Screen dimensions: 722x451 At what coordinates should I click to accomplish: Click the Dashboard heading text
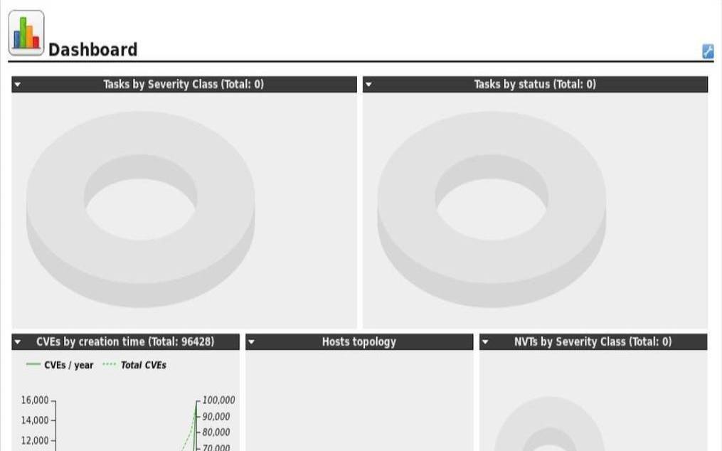pos(92,50)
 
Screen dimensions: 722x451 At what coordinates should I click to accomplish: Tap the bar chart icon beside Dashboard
pos(26,33)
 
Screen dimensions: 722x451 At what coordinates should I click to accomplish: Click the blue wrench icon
pos(708,51)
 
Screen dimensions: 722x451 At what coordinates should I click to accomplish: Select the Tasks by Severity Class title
pos(184,85)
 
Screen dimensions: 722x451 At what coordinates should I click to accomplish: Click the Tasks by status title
pos(535,85)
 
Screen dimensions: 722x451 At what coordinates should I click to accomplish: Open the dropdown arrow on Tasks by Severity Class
pos(18,85)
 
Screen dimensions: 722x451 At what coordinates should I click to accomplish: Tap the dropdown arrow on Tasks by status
pos(368,85)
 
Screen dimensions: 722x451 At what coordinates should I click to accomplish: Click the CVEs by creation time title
pos(125,342)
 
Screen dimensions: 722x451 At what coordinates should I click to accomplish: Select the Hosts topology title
pos(359,342)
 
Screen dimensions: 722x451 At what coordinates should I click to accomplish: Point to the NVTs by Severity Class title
pos(593,342)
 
